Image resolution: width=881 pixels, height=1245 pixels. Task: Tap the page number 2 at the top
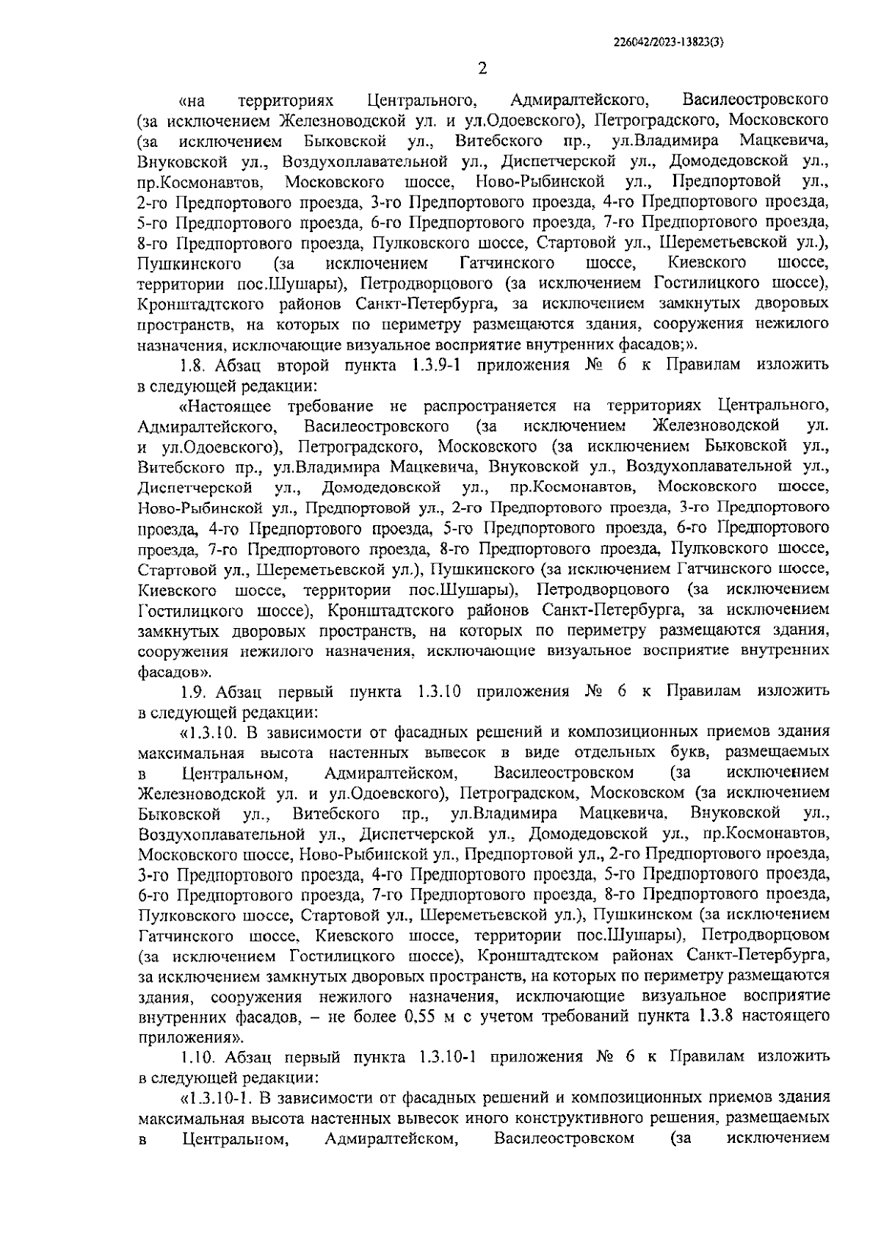[482, 70]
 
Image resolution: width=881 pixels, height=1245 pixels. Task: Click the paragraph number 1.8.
[193, 364]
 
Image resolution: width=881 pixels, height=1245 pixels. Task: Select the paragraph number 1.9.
[193, 691]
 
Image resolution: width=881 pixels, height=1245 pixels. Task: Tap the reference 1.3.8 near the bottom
[711, 1017]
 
